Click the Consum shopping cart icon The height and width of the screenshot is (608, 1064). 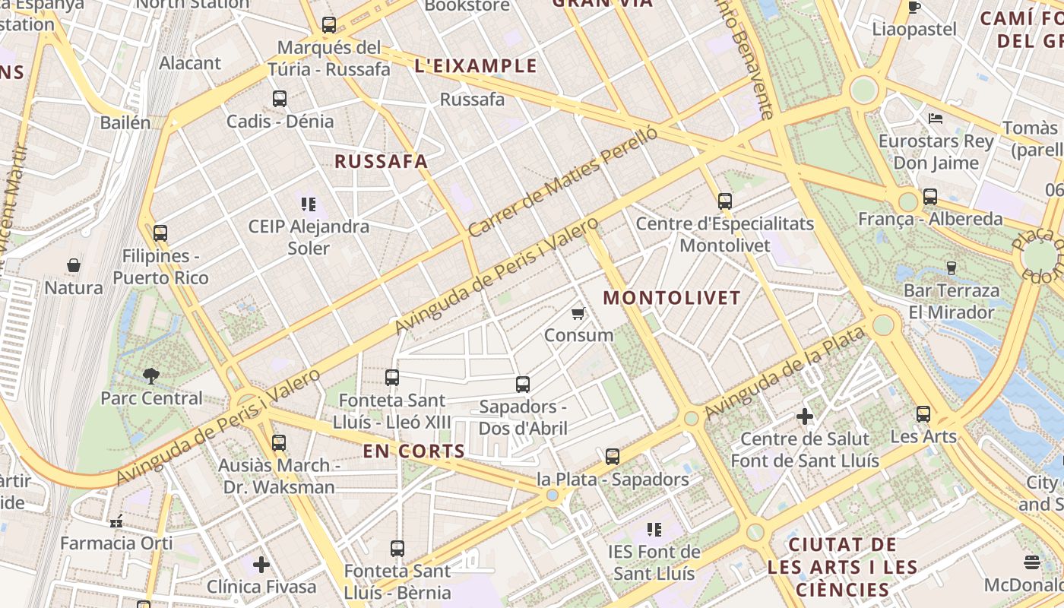click(578, 313)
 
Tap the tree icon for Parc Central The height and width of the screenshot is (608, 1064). click(151, 375)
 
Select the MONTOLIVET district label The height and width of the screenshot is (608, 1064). click(672, 298)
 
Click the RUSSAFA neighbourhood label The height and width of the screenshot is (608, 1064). click(381, 161)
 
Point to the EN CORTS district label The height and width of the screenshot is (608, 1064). click(413, 451)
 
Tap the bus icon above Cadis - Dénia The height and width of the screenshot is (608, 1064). click(280, 99)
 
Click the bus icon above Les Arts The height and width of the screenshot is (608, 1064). click(923, 414)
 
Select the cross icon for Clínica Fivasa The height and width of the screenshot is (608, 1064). click(261, 564)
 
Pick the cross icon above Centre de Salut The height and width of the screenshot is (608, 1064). click(805, 416)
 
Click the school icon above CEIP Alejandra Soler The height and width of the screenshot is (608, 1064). click(309, 204)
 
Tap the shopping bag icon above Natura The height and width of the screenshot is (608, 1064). click(74, 265)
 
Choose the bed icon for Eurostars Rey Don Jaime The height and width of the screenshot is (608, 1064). click(936, 119)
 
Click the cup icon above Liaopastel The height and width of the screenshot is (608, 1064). click(914, 8)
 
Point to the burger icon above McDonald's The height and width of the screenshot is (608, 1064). click(1031, 562)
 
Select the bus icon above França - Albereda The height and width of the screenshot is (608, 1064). click(930, 197)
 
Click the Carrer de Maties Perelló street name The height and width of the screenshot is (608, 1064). click(562, 181)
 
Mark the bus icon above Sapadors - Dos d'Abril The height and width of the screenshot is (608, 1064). click(523, 385)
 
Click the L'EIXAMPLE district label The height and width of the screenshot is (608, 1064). click(476, 66)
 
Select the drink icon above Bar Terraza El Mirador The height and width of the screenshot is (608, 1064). click(951, 268)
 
